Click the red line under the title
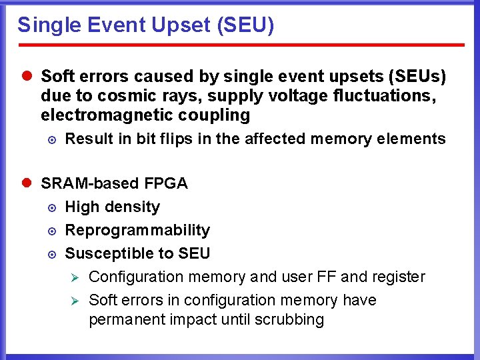[x=240, y=45]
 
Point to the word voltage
[x=287, y=96]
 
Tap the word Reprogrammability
[x=137, y=230]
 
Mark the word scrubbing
[x=289, y=320]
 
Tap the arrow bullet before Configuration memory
[x=76, y=277]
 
